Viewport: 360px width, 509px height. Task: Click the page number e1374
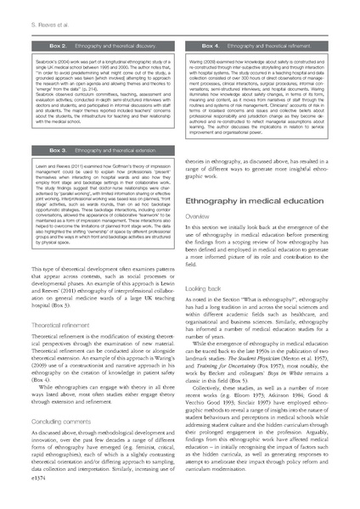click(25, 501)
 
